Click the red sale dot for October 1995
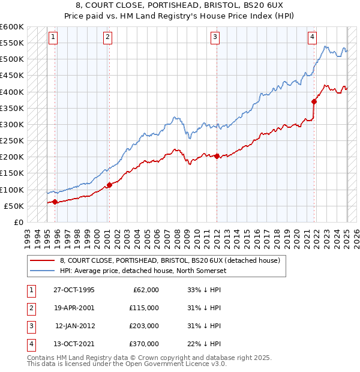55,202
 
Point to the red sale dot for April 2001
109,185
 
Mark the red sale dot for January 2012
217,156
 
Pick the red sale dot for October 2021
314,101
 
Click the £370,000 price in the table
144,344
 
